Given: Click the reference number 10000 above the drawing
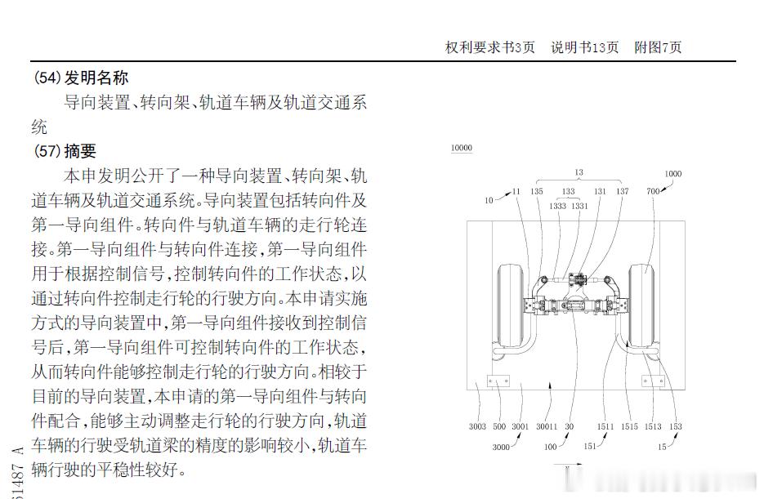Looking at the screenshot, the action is (x=462, y=149).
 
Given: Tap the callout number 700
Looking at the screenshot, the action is (x=652, y=191).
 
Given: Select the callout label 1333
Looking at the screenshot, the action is (x=558, y=207).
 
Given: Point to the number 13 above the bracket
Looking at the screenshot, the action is (x=579, y=172).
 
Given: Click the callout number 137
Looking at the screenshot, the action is (x=623, y=192).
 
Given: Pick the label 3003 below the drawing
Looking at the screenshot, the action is (x=477, y=426).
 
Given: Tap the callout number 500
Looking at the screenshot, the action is (x=499, y=426).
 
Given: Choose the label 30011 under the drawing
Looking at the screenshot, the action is (x=547, y=426).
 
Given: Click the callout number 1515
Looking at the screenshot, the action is (x=629, y=426).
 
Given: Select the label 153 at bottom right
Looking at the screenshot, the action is (x=675, y=426).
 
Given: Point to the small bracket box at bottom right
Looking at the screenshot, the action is (x=650, y=380).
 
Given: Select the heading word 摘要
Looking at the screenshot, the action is (x=80, y=151).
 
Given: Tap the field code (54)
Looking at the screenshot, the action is (x=47, y=78).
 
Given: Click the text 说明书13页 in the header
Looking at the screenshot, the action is (x=584, y=47).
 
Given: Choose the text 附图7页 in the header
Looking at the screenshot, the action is (x=658, y=47).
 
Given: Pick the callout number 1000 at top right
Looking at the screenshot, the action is (x=672, y=174).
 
